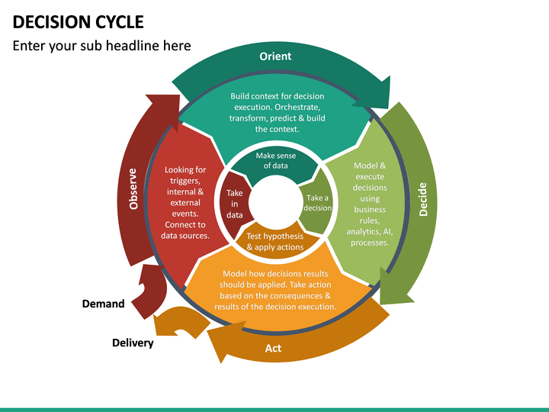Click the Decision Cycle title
point(78,21)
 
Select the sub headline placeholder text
point(101,46)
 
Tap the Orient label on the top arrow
point(275,56)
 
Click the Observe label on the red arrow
point(133,188)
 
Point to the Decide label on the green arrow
point(423,198)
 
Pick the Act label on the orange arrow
point(273,348)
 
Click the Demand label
point(103,304)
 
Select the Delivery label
point(133,343)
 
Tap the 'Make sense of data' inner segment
point(276,161)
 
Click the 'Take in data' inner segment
point(235,204)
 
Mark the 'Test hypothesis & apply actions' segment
point(275,241)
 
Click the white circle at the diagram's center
point(275,202)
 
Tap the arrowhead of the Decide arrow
point(393,293)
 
